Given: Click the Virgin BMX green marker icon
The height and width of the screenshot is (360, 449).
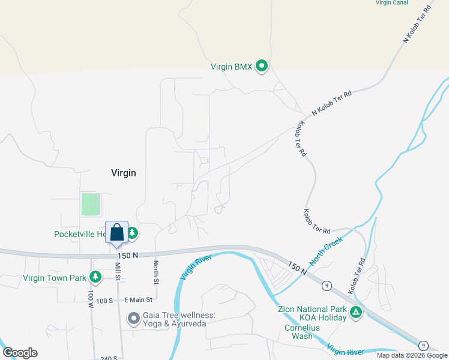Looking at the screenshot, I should [x=262, y=66].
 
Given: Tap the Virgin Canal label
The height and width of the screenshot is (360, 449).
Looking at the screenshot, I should [x=391, y=3].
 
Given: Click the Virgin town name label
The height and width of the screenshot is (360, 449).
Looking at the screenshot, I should [x=124, y=173].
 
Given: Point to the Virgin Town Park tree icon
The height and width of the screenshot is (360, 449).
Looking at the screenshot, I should [x=95, y=277].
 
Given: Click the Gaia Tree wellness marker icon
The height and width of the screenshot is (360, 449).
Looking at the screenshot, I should [x=133, y=317].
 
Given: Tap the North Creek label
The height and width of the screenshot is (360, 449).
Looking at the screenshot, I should [x=326, y=251].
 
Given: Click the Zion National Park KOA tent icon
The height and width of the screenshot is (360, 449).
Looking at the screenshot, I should [x=357, y=311].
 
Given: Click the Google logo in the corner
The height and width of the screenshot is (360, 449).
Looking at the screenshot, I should [x=20, y=353].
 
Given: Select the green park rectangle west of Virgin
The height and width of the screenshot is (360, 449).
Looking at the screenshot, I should [x=90, y=204].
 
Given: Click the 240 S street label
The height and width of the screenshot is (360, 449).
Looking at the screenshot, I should [x=109, y=358].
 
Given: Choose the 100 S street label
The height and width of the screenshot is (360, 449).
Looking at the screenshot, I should [x=104, y=300].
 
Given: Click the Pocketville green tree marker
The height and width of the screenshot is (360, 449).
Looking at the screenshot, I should [x=132, y=233].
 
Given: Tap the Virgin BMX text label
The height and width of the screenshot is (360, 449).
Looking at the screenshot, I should [x=231, y=67].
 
